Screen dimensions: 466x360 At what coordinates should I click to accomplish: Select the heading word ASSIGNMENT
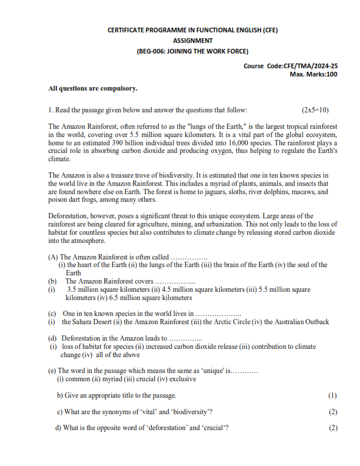pos(192,40)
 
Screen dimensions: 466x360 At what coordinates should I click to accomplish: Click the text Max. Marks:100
pos(314,74)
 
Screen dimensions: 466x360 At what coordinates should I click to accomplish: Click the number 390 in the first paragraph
pos(121,143)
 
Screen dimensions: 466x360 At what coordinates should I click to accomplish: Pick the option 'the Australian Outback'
pos(297,322)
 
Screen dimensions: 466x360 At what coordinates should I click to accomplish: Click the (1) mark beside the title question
pos(333,395)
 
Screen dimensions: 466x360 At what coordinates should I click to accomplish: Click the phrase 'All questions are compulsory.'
pos(92,89)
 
